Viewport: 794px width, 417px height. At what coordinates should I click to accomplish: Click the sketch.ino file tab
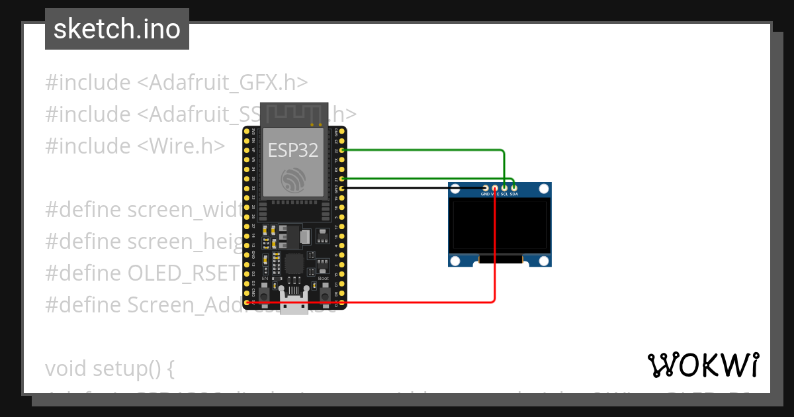click(x=117, y=29)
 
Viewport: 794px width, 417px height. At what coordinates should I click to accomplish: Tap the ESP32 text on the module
click(x=293, y=150)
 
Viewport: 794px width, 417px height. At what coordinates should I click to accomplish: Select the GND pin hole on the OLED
click(x=485, y=189)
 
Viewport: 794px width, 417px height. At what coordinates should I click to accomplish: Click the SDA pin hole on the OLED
click(x=514, y=189)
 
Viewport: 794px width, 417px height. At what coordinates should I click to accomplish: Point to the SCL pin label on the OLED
click(x=504, y=195)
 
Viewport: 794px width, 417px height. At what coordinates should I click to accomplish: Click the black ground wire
click(x=410, y=189)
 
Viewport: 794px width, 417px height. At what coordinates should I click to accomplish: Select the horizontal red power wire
click(x=371, y=302)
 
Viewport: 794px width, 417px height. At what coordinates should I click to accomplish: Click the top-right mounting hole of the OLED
click(x=544, y=189)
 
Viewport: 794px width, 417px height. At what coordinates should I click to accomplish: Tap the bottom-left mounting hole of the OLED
click(x=456, y=259)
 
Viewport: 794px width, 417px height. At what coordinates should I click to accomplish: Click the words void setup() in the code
click(x=109, y=367)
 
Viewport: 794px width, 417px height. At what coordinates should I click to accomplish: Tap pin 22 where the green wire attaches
click(x=342, y=150)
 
